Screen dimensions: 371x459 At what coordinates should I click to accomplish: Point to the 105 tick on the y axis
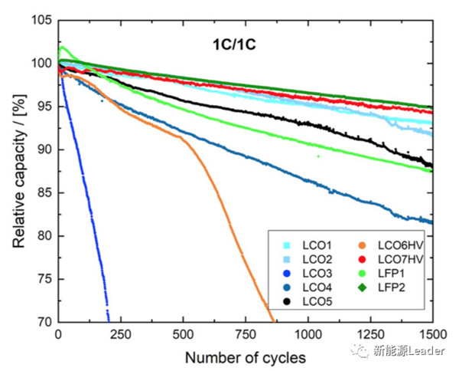[41, 19]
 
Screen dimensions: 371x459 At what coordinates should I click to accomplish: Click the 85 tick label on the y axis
[44, 192]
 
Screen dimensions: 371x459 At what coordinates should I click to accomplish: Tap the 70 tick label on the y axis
[44, 323]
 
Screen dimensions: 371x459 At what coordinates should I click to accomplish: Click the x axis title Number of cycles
[245, 356]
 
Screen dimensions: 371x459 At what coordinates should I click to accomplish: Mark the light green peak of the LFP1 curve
[63, 48]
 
